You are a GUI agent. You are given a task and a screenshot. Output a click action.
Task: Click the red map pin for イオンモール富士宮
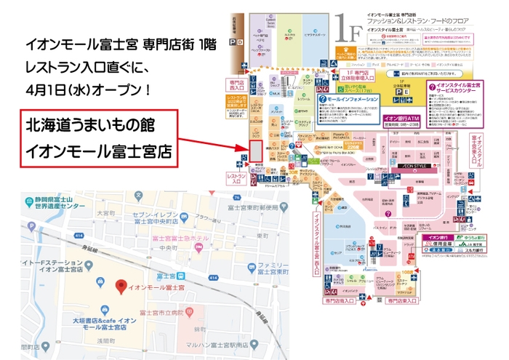click(121, 284)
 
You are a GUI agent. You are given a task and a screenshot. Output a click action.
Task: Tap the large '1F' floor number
click(348, 33)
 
